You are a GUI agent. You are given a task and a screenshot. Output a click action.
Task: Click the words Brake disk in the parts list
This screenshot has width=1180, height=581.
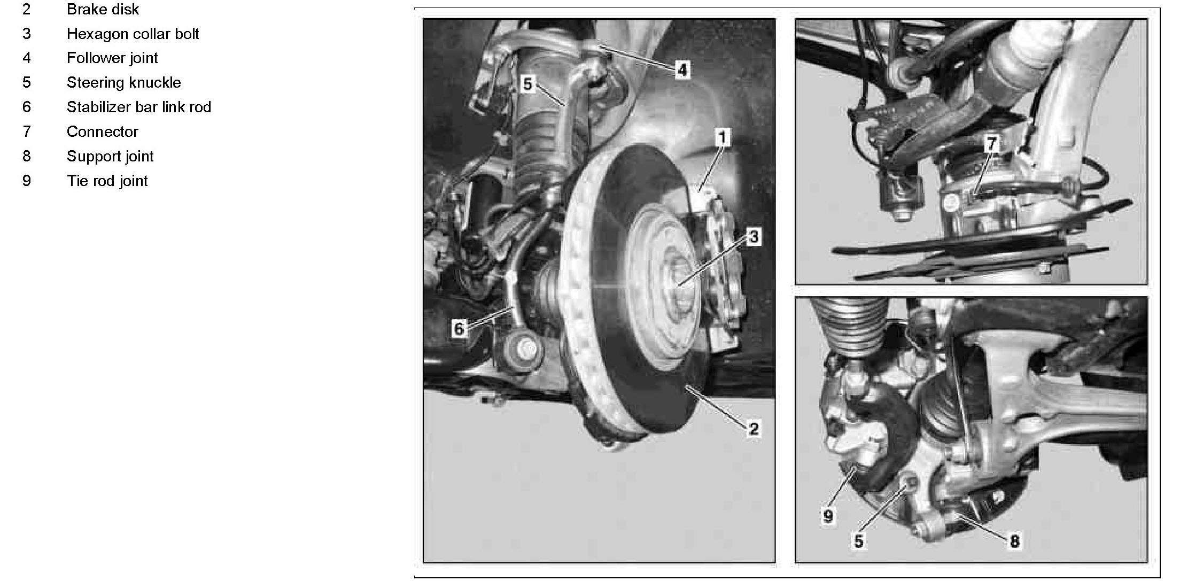pyautogui.click(x=103, y=9)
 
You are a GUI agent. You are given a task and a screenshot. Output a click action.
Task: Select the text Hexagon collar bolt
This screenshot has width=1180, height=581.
pyautogui.click(x=133, y=34)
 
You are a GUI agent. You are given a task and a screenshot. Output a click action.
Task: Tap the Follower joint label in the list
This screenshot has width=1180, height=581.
pyautogui.click(x=112, y=58)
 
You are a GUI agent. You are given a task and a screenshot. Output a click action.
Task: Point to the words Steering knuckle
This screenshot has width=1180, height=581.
pyautogui.click(x=123, y=82)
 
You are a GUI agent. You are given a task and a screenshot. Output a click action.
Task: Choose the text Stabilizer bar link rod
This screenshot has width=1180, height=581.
pyautogui.click(x=139, y=107)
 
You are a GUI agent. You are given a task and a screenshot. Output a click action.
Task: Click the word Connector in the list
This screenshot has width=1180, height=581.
pyautogui.click(x=102, y=131)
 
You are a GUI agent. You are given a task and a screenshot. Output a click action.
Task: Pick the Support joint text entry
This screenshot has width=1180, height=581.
pyautogui.click(x=110, y=156)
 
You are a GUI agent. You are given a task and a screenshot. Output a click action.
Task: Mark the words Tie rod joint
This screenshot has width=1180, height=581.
pyautogui.click(x=107, y=181)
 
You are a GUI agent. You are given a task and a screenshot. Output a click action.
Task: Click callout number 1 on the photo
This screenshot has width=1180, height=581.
pyautogui.click(x=723, y=138)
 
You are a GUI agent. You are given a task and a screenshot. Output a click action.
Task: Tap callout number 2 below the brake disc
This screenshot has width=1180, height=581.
pyautogui.click(x=754, y=428)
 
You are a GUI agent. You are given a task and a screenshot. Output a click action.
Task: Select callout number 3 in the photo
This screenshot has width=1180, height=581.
pyautogui.click(x=754, y=237)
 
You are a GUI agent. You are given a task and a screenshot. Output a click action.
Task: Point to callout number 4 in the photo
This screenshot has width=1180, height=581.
pyautogui.click(x=682, y=69)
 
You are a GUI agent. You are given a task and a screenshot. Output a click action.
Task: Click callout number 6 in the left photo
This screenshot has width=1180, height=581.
pyautogui.click(x=459, y=328)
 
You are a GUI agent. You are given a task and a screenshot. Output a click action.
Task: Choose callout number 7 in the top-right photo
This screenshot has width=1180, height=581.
pyautogui.click(x=992, y=143)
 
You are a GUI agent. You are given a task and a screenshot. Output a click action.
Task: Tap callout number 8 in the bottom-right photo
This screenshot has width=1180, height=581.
pyautogui.click(x=1014, y=541)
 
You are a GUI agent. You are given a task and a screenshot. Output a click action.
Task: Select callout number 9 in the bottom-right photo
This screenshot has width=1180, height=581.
pyautogui.click(x=828, y=516)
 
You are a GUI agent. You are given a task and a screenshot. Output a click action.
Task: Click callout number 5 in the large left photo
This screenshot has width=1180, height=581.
pyautogui.click(x=527, y=84)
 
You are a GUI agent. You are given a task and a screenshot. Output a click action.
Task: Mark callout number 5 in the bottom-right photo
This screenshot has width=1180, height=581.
pyautogui.click(x=859, y=541)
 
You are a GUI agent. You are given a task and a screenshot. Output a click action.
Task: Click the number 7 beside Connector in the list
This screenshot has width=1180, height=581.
pyautogui.click(x=27, y=131)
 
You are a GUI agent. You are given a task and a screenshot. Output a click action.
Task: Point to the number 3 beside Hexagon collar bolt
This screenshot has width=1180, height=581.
pyautogui.click(x=27, y=34)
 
